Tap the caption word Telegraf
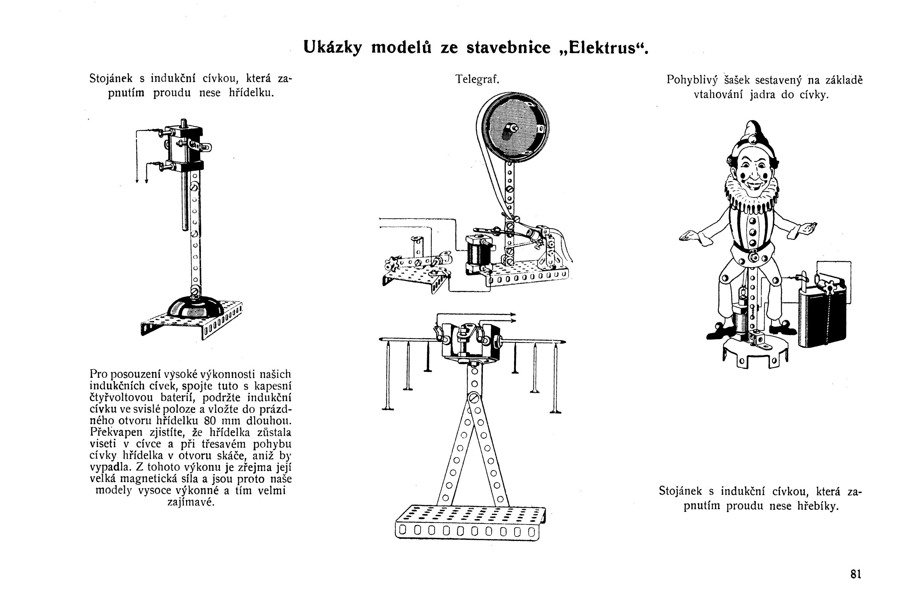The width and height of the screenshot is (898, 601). click(x=477, y=79)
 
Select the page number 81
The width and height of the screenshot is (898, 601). click(x=856, y=574)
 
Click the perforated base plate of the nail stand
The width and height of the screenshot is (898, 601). click(x=470, y=521)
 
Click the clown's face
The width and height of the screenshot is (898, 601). click(x=753, y=169)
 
